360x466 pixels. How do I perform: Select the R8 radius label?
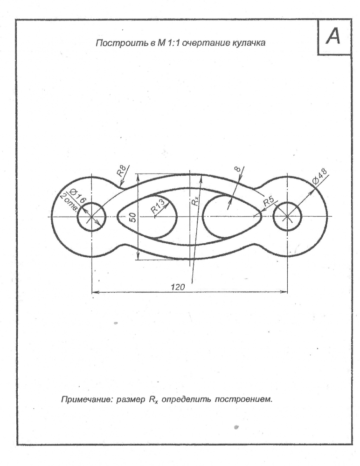(x=122, y=171)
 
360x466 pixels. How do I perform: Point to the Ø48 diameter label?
(x=319, y=176)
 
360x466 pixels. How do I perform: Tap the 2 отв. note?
(x=69, y=202)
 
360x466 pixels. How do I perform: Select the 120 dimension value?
(x=178, y=287)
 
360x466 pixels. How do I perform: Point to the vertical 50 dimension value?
(x=133, y=217)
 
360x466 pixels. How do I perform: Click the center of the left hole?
(x=92, y=217)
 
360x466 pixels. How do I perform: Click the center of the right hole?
(x=287, y=217)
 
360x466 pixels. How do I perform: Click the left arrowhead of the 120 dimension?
(x=95, y=292)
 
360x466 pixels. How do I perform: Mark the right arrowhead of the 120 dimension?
(x=284, y=292)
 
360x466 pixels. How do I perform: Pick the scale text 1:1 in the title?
(x=173, y=43)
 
